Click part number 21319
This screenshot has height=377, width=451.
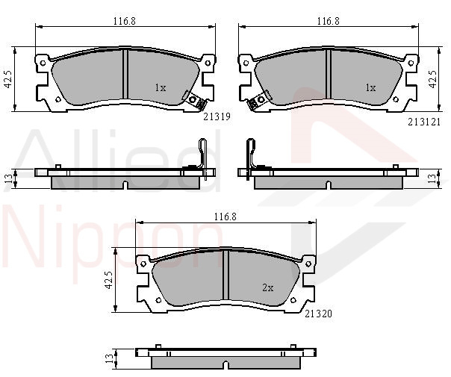click(217, 116)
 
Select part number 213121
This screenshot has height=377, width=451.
click(424, 122)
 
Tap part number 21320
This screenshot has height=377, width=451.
click(318, 314)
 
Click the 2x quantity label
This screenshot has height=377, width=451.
click(268, 287)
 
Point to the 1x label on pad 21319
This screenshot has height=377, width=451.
click(161, 87)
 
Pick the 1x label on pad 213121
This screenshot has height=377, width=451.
click(370, 87)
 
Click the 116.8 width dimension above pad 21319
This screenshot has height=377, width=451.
click(124, 21)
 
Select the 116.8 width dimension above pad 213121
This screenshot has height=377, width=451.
click(329, 21)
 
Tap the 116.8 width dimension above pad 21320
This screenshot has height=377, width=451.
click(225, 216)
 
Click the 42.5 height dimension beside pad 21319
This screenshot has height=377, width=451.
click(7, 79)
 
